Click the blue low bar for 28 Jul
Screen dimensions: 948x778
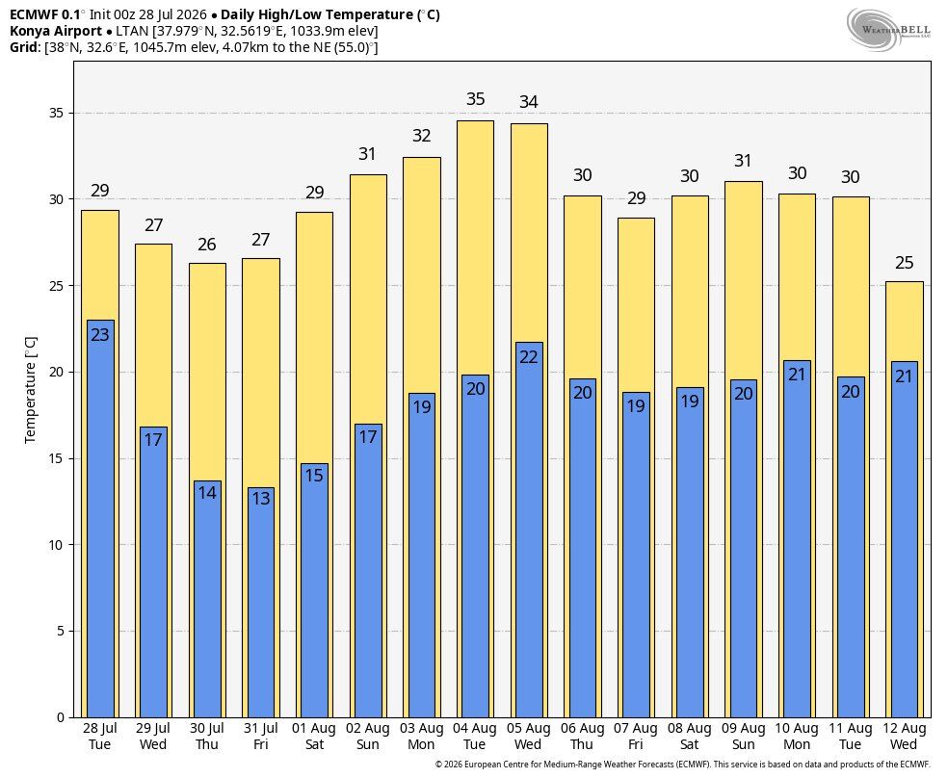pyautogui.click(x=100, y=518)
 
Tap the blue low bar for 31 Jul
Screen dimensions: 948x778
pyautogui.click(x=261, y=602)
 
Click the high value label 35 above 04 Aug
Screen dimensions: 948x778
pyautogui.click(x=476, y=99)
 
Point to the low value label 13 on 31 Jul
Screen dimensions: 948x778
pyautogui.click(x=261, y=499)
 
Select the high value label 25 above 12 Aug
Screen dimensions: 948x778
pyautogui.click(x=905, y=263)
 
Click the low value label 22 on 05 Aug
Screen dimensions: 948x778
pyautogui.click(x=529, y=357)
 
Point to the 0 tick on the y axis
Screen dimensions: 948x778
pyautogui.click(x=60, y=717)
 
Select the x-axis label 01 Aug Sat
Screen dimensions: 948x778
pyautogui.click(x=314, y=737)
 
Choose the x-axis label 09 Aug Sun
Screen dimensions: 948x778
pyautogui.click(x=744, y=737)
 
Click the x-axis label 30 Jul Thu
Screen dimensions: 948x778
pyautogui.click(x=207, y=737)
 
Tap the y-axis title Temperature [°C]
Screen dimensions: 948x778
pyautogui.click(x=30, y=390)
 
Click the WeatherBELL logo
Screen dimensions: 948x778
pyautogui.click(x=888, y=30)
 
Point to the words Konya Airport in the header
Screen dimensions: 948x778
pyautogui.click(x=56, y=32)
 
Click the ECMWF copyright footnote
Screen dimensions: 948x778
pyautogui.click(x=683, y=765)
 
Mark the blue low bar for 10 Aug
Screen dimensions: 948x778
pyautogui.click(x=797, y=539)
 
